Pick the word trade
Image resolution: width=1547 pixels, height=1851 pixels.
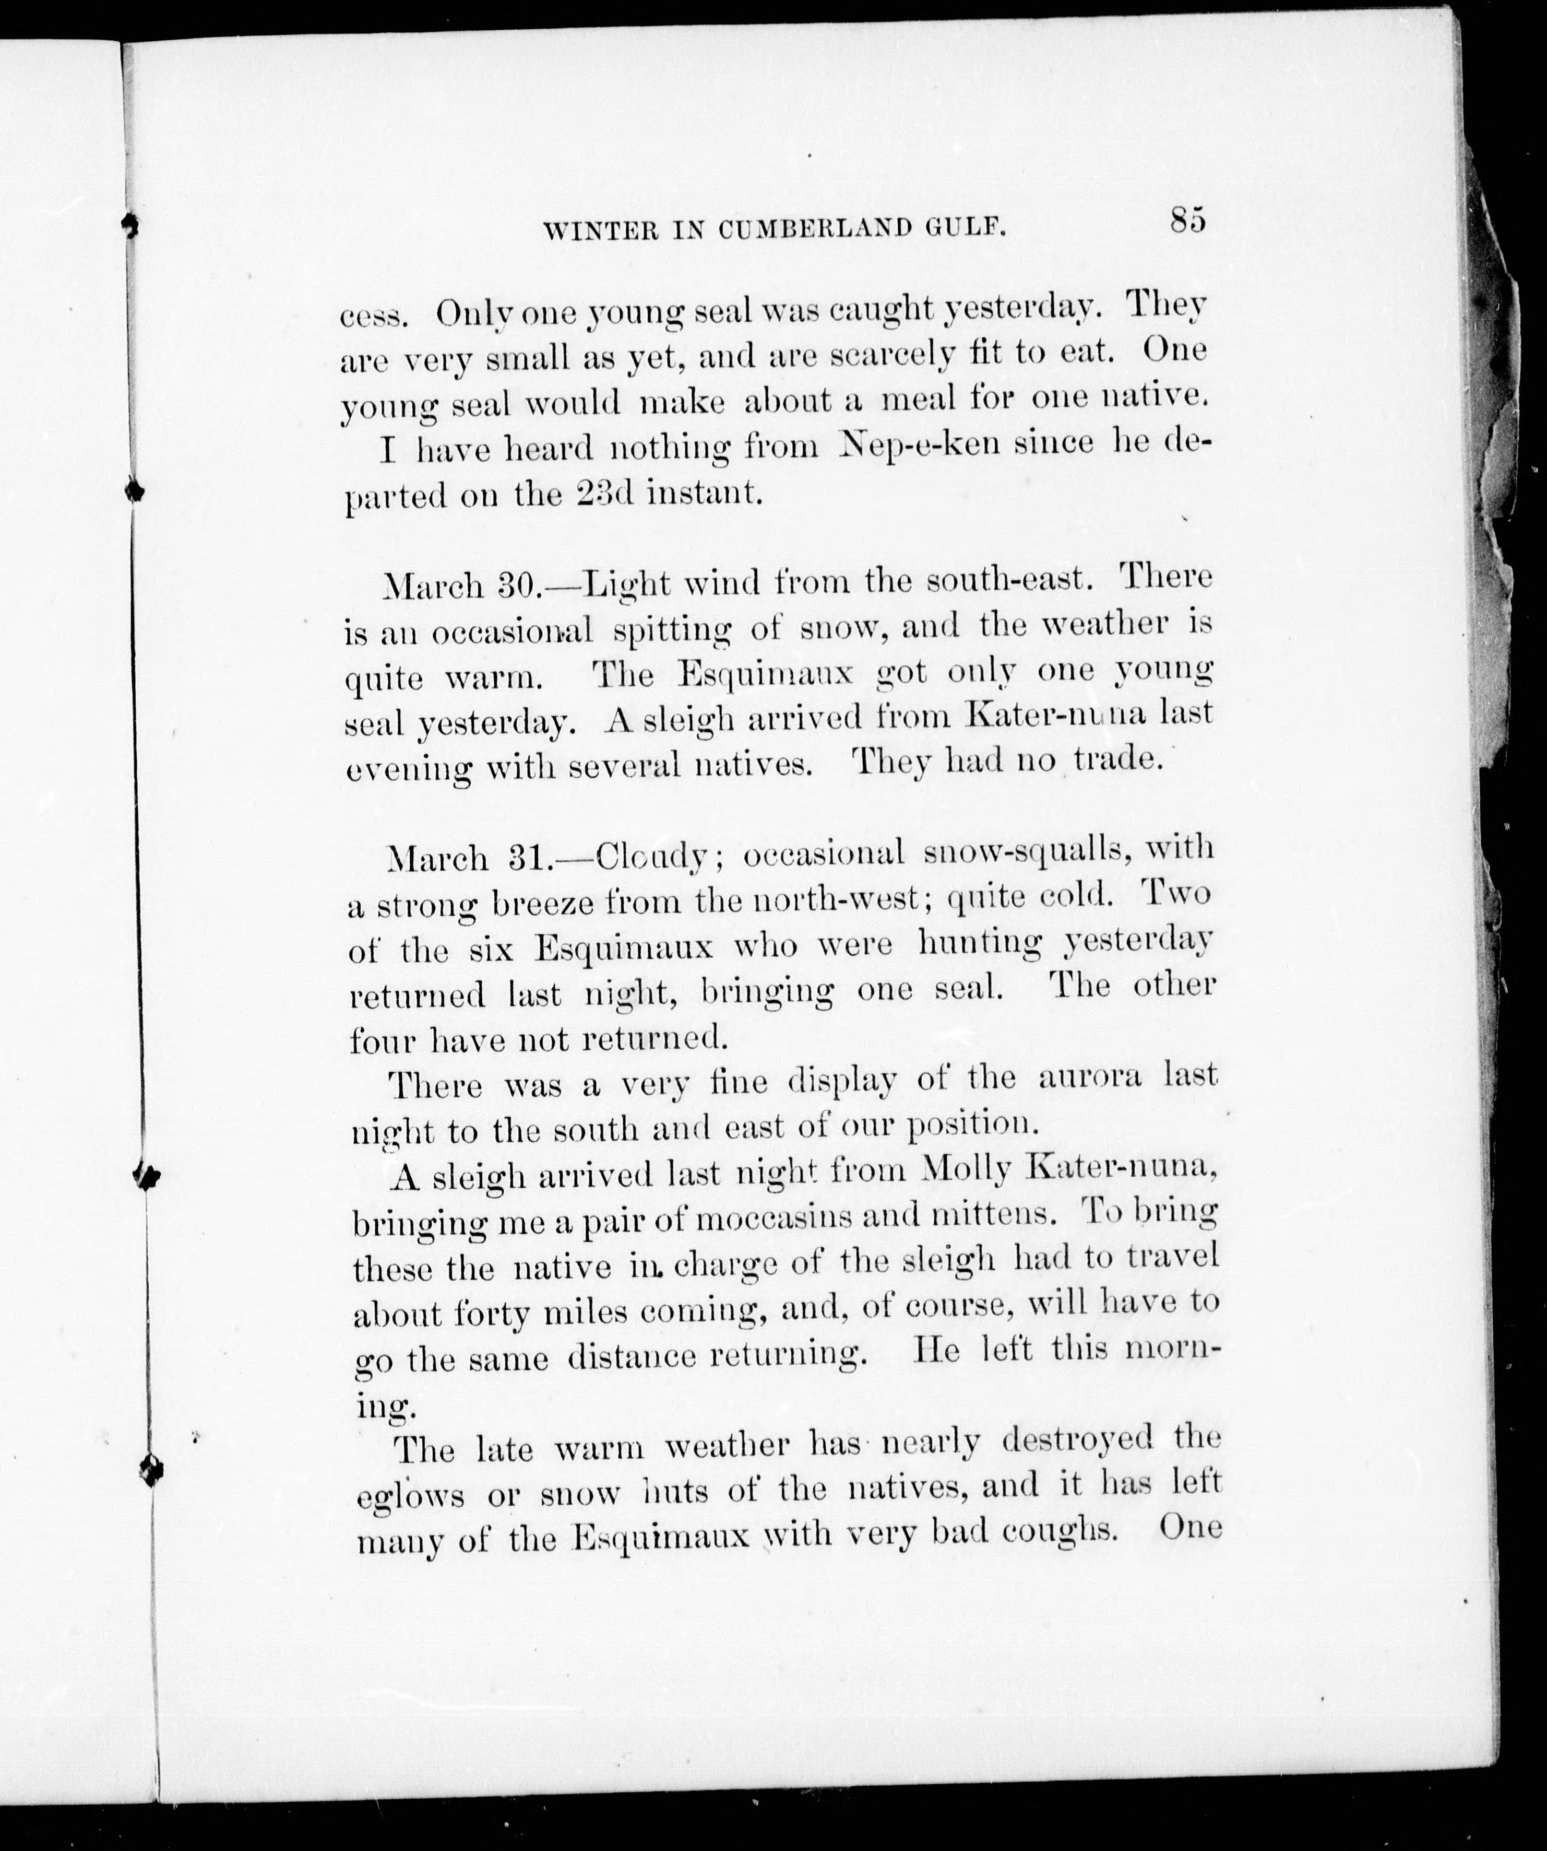click(x=1114, y=759)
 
